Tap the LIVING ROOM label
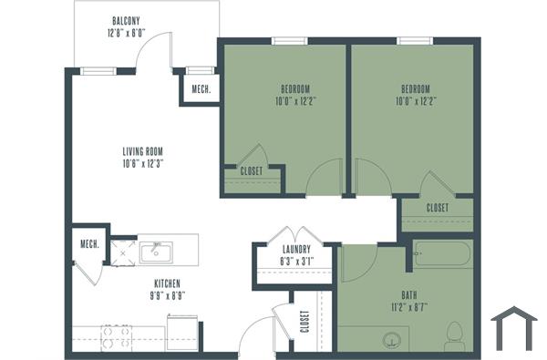coord(148,151)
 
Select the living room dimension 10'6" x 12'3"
coord(148,163)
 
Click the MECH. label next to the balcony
coord(201,89)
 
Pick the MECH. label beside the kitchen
coord(88,243)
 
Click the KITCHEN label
coord(168,283)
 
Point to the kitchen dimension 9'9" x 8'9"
coord(168,295)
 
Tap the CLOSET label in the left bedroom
coord(252,170)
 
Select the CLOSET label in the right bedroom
coord(438,209)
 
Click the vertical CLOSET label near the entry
coord(304,322)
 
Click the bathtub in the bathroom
coord(442,254)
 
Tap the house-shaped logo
coord(513,328)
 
